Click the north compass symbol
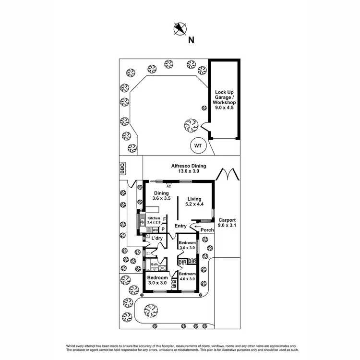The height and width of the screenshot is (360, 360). (180, 29)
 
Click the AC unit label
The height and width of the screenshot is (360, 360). (168, 185)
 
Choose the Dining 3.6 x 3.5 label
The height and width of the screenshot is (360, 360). (161, 196)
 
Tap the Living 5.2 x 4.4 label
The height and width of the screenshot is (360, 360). (194, 202)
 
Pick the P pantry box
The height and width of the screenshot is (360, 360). (163, 229)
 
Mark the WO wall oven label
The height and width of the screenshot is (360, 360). (155, 230)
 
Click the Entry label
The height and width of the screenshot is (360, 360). (181, 226)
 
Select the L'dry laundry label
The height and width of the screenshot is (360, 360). (157, 239)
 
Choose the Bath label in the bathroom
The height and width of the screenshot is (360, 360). (155, 264)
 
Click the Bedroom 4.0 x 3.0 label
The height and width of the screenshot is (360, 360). (188, 276)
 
